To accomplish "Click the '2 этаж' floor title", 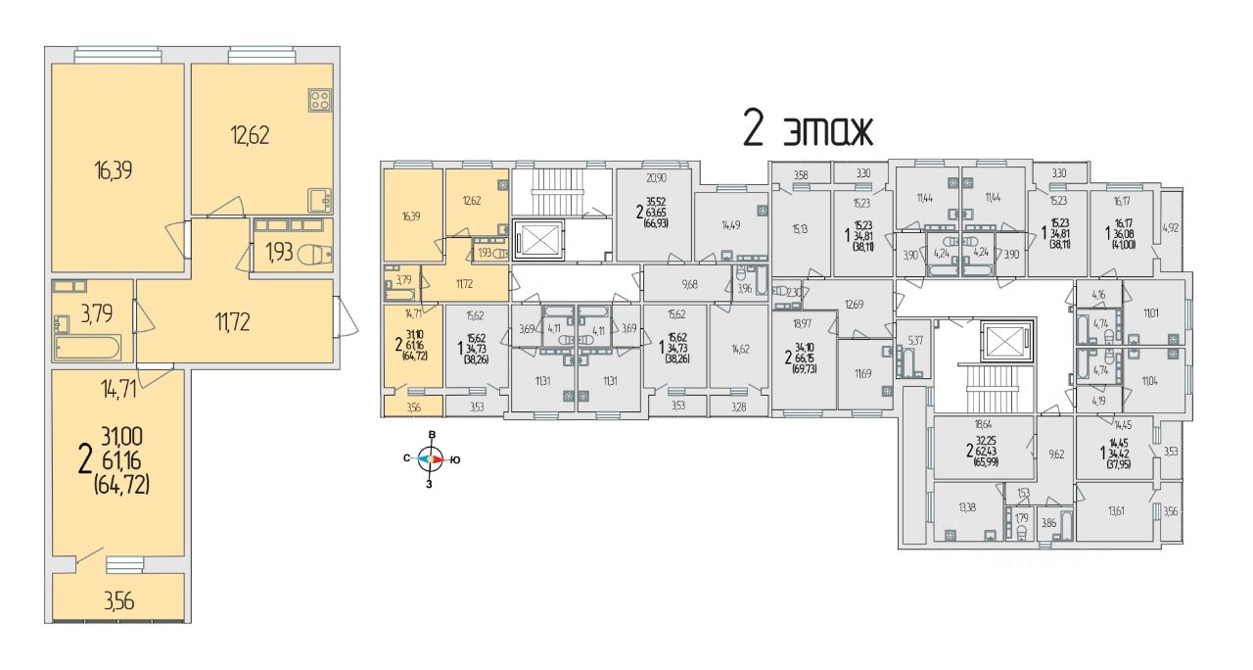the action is [806, 129].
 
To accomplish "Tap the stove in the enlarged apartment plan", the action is [320, 99].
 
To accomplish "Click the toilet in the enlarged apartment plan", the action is [312, 253].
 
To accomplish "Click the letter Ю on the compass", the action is [455, 457].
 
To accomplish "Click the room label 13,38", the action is [964, 506].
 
